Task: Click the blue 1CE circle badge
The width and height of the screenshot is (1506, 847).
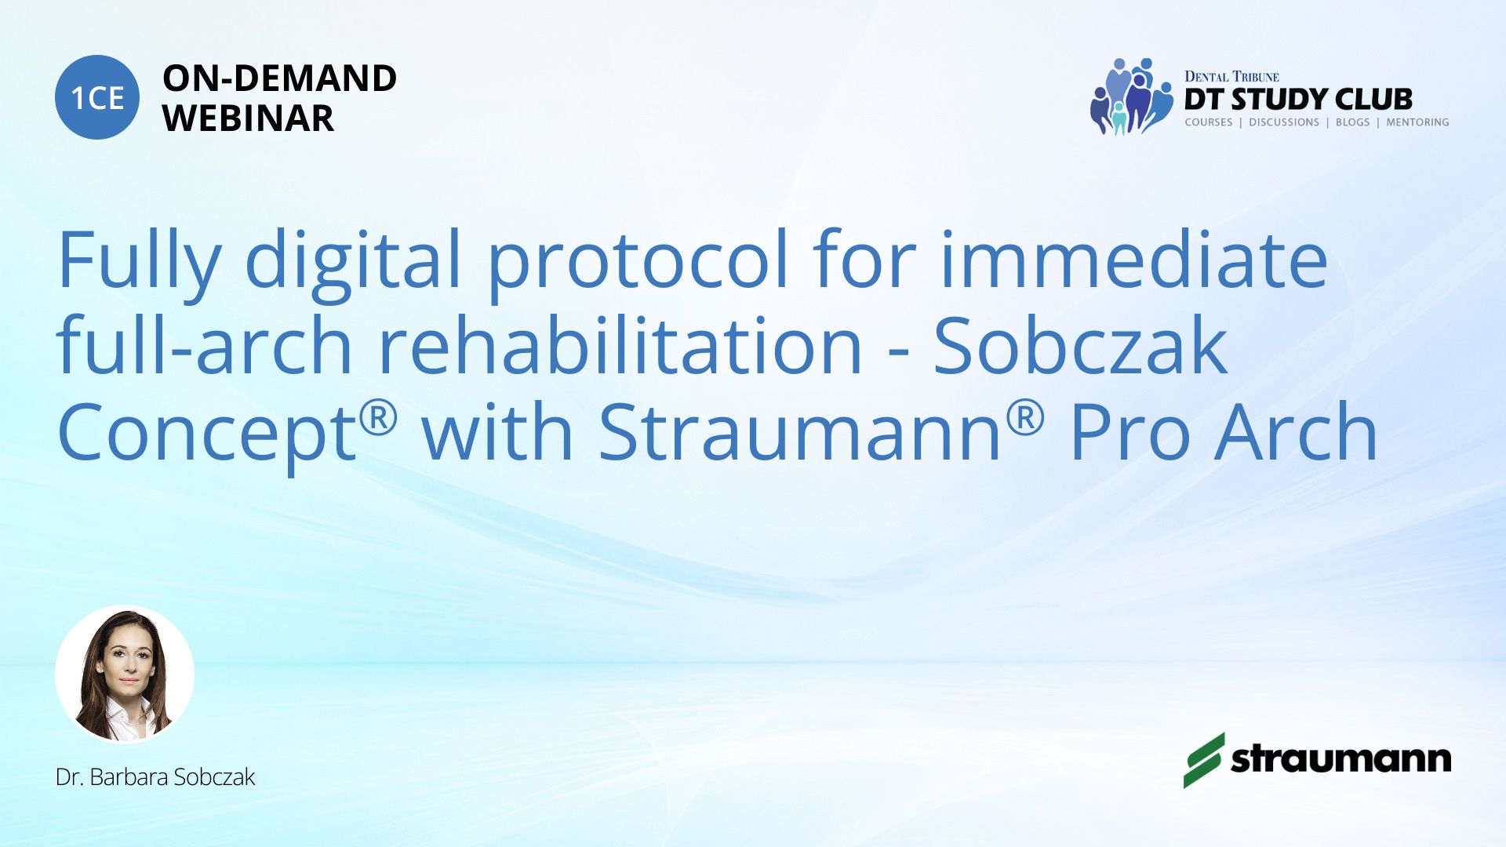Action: point(97,97)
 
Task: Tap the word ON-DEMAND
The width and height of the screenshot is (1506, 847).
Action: point(279,78)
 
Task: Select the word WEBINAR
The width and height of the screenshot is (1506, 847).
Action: point(248,118)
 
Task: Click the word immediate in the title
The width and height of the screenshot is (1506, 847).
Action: point(1133,259)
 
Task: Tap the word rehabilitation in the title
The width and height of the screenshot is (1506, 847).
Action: point(620,345)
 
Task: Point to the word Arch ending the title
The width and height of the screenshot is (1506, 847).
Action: point(1296,431)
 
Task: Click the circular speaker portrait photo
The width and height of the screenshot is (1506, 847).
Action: point(125,674)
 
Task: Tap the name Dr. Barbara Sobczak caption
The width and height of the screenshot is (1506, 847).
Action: point(155,777)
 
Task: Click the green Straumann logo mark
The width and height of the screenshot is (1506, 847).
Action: point(1204,760)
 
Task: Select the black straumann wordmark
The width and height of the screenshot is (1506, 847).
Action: point(1340,759)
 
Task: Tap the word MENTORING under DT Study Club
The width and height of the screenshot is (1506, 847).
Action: point(1417,122)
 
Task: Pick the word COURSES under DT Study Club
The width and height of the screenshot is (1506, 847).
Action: point(1208,122)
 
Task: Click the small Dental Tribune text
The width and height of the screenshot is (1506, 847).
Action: point(1231,77)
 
